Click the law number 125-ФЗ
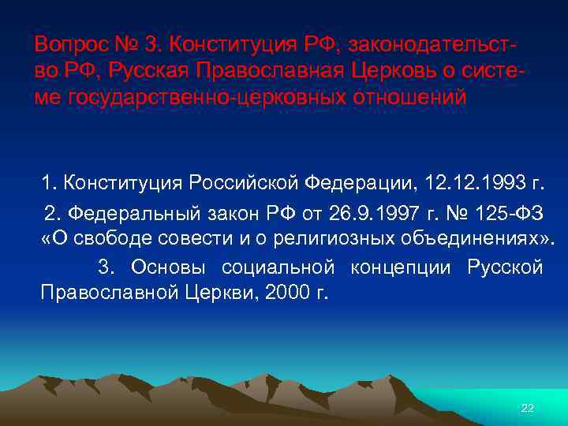(x=514, y=212)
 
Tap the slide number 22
(x=528, y=408)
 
